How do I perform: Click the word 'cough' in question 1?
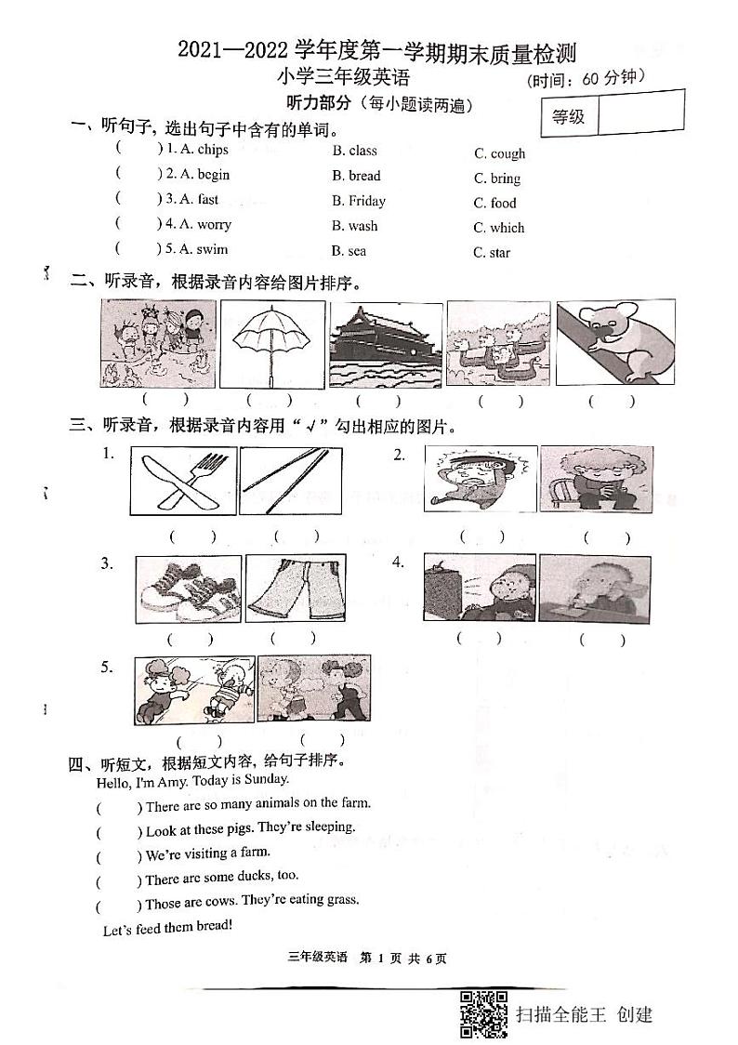coord(507,154)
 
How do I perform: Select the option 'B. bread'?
coord(356,176)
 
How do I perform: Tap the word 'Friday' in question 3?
coord(367,201)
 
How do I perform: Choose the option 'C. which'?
coord(499,228)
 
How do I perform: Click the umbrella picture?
coord(271,345)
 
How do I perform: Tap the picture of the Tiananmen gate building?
coord(385,343)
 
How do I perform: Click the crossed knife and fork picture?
coord(183,480)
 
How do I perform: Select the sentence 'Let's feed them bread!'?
coord(166,928)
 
